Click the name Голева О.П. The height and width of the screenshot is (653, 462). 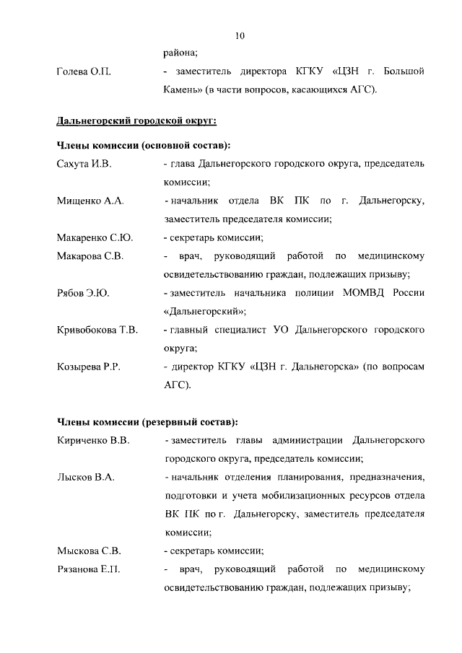83,72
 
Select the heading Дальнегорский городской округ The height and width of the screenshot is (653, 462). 136,118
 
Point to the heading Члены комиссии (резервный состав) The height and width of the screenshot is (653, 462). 147,421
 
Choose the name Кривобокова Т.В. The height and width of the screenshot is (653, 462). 97,330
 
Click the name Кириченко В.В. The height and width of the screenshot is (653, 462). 92,440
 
